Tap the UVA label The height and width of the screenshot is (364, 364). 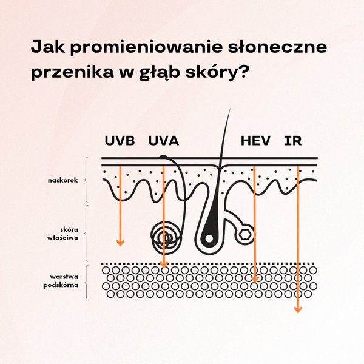point(163,141)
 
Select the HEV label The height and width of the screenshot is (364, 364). point(255,141)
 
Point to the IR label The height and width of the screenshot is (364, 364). point(292,141)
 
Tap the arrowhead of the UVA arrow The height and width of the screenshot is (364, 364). point(164,265)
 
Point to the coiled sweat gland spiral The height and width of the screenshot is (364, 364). point(164,237)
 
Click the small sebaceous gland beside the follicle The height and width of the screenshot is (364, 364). point(246,233)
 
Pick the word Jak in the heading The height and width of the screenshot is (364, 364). point(47,47)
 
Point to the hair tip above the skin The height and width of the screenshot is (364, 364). point(229,109)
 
